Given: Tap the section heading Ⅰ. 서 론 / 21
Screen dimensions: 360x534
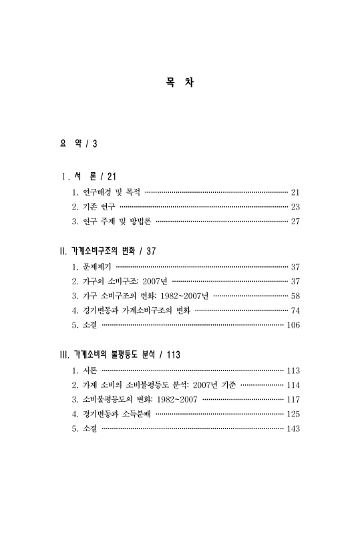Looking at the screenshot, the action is pos(89,176).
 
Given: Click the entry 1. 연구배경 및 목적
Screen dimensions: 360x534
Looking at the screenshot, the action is pos(107,192).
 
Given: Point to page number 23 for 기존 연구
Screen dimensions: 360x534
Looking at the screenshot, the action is pos(295,207).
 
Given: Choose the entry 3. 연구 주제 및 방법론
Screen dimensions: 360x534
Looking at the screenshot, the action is pos(111,222).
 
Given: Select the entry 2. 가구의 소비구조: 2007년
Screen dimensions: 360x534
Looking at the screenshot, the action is pos(120,280).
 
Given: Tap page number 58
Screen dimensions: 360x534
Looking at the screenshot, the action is pos(295,295).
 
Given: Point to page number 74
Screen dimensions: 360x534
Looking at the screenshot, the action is pos(295,310).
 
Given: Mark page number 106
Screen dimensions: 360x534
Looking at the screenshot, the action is pos(293,325).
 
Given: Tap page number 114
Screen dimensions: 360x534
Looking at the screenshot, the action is pos(293,384).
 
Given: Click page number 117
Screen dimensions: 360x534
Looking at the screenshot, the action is pos(293,399).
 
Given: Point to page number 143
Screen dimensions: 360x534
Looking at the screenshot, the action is pos(293,429).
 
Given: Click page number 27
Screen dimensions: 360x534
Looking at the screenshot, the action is pos(295,222).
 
